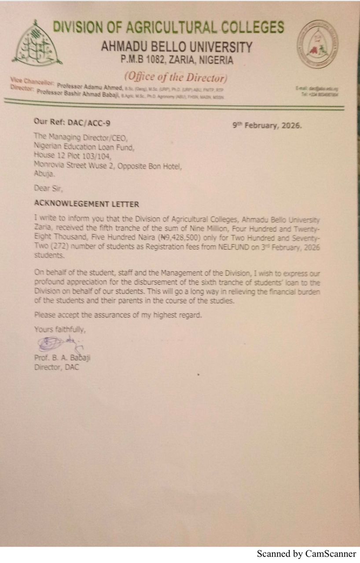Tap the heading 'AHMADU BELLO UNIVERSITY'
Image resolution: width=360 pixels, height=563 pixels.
177,47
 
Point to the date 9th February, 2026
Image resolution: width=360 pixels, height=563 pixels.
268,125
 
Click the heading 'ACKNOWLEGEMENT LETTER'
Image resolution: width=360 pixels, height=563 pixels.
87,204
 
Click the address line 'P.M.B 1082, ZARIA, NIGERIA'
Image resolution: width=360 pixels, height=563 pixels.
177,60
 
